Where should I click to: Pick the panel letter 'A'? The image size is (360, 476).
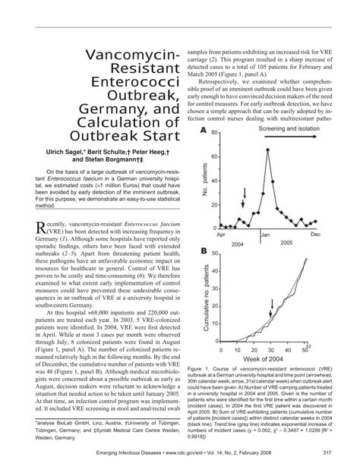(204, 131)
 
